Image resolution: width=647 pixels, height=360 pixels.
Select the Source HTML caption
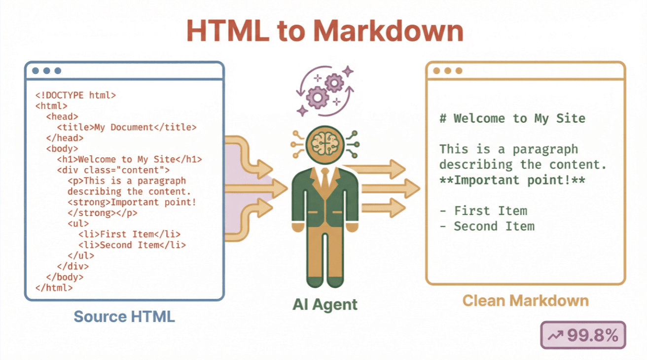coord(124,316)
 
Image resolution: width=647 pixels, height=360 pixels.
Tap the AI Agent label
coord(325,304)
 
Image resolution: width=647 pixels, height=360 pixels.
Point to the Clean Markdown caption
coord(526,301)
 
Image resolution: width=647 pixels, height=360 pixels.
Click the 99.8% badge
coord(583,336)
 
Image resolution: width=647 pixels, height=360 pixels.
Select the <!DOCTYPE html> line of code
coord(75,95)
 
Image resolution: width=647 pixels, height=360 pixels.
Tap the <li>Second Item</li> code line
coord(132,245)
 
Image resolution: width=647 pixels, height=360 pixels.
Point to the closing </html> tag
coord(54,288)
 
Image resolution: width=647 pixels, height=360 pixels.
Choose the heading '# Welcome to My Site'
coord(512,118)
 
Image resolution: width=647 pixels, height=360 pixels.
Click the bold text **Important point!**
coord(512,180)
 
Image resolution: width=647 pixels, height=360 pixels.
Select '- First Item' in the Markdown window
coord(483,211)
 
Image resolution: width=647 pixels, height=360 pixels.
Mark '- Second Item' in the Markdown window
coord(487,226)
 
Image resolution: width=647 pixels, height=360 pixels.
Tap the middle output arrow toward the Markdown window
coord(390,188)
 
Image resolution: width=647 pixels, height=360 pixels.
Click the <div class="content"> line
coord(113,170)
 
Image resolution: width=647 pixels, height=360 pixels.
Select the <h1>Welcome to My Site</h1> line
coord(130,159)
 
